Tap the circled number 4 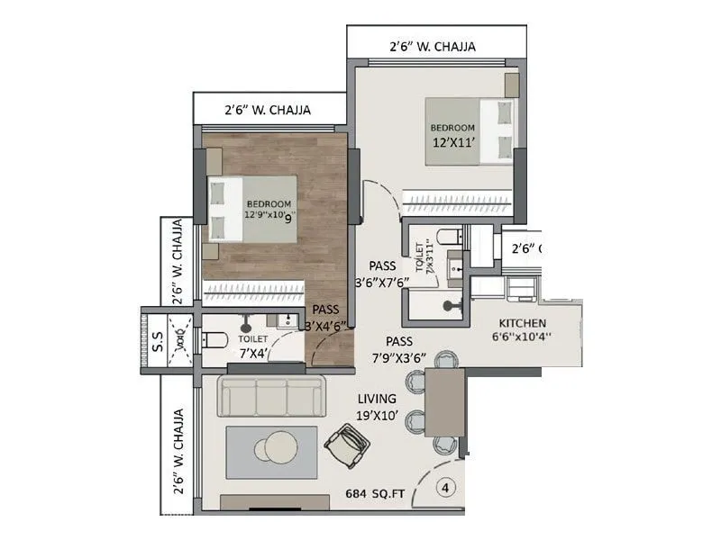[444, 489]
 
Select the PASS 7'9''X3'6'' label [398, 348]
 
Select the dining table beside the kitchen [443, 402]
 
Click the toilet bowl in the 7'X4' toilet [214, 340]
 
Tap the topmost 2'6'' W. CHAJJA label [433, 46]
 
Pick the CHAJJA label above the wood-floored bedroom [268, 111]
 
